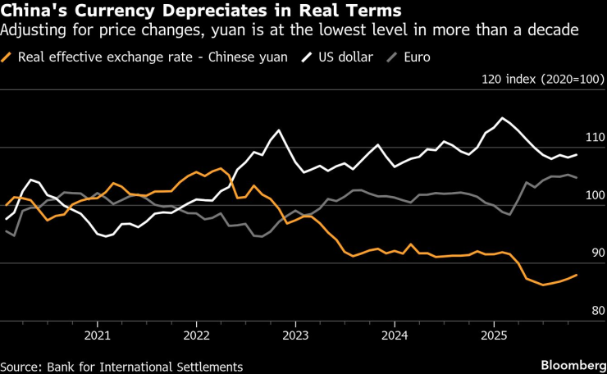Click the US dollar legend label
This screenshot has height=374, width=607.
(344, 58)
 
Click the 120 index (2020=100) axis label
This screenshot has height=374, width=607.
(544, 80)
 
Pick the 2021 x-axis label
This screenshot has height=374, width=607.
(98, 335)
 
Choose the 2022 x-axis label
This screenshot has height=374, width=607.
(197, 335)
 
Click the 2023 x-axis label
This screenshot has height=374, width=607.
(295, 335)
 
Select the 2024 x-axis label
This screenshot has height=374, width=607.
(395, 335)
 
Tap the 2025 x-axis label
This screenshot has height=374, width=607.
(494, 335)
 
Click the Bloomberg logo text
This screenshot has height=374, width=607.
(571, 363)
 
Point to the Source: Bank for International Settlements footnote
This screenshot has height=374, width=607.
(121, 366)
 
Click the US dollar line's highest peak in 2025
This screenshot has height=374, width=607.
(502, 118)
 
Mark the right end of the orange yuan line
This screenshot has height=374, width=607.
(577, 275)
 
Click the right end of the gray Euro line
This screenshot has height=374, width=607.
(577, 177)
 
